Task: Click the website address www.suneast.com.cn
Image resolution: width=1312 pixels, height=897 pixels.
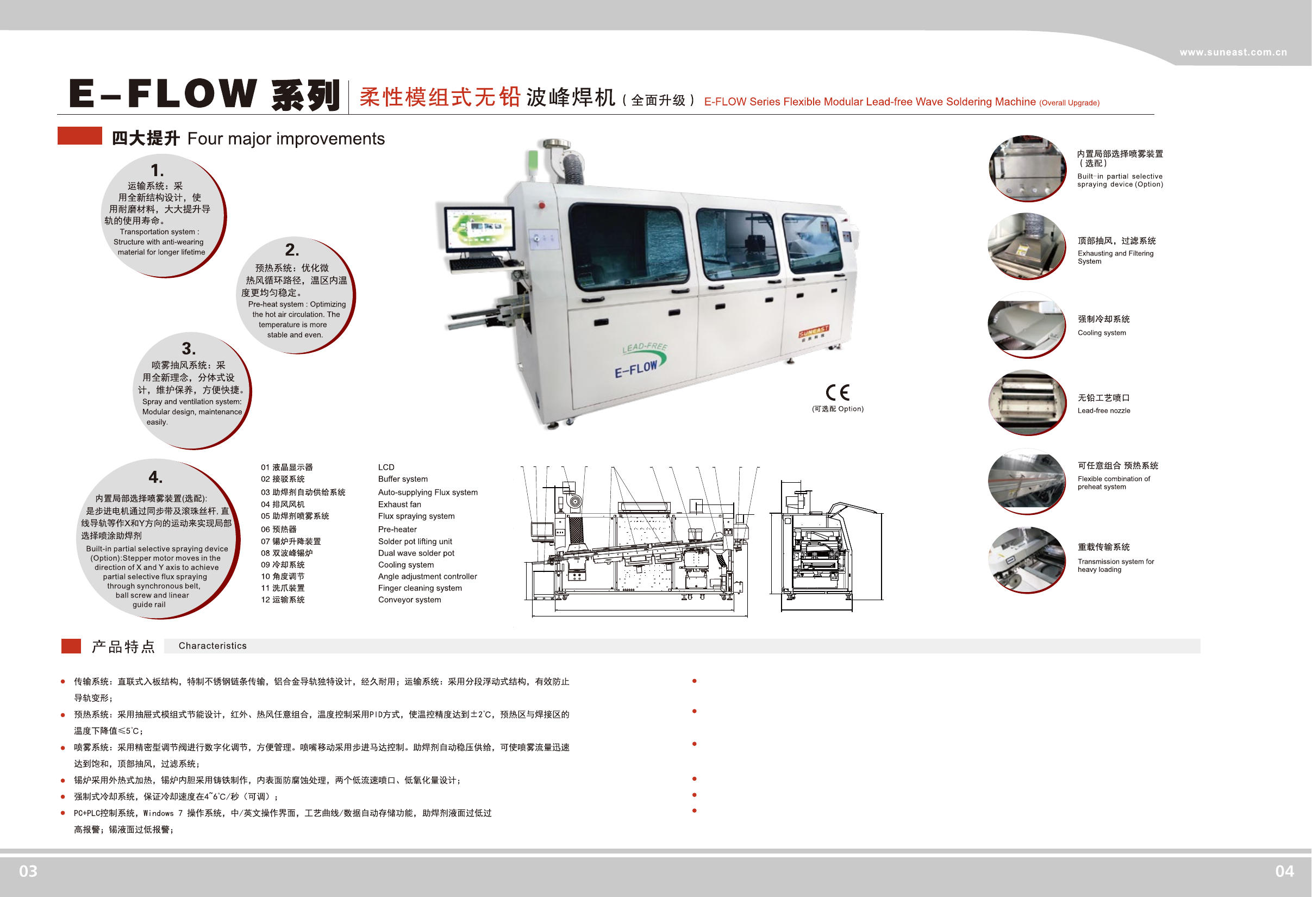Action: point(1233,53)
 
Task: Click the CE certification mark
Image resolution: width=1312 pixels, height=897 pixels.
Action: point(837,392)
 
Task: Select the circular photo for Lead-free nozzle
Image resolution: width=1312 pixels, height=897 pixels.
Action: point(1026,402)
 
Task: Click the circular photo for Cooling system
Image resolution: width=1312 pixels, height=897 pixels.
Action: point(1026,325)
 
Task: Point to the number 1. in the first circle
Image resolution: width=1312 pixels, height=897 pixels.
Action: point(158,170)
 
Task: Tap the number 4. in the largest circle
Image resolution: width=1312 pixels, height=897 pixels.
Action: point(156,477)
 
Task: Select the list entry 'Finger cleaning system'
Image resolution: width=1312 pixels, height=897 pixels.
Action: point(420,588)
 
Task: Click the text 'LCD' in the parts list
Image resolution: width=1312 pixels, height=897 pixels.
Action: point(386,467)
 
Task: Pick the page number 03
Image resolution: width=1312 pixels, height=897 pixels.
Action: point(28,871)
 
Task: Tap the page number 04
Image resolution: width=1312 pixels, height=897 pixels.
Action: point(1284,871)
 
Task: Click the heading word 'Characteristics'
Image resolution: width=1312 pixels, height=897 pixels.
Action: point(213,646)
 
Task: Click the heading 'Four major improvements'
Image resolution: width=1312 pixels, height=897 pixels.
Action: point(286,139)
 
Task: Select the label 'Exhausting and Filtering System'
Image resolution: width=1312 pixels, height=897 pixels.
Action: point(1115,257)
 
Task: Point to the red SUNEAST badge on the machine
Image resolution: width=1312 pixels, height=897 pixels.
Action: point(814,332)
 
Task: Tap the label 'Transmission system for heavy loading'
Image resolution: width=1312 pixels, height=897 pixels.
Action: point(1116,565)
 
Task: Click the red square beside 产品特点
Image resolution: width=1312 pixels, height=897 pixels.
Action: point(71,646)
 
